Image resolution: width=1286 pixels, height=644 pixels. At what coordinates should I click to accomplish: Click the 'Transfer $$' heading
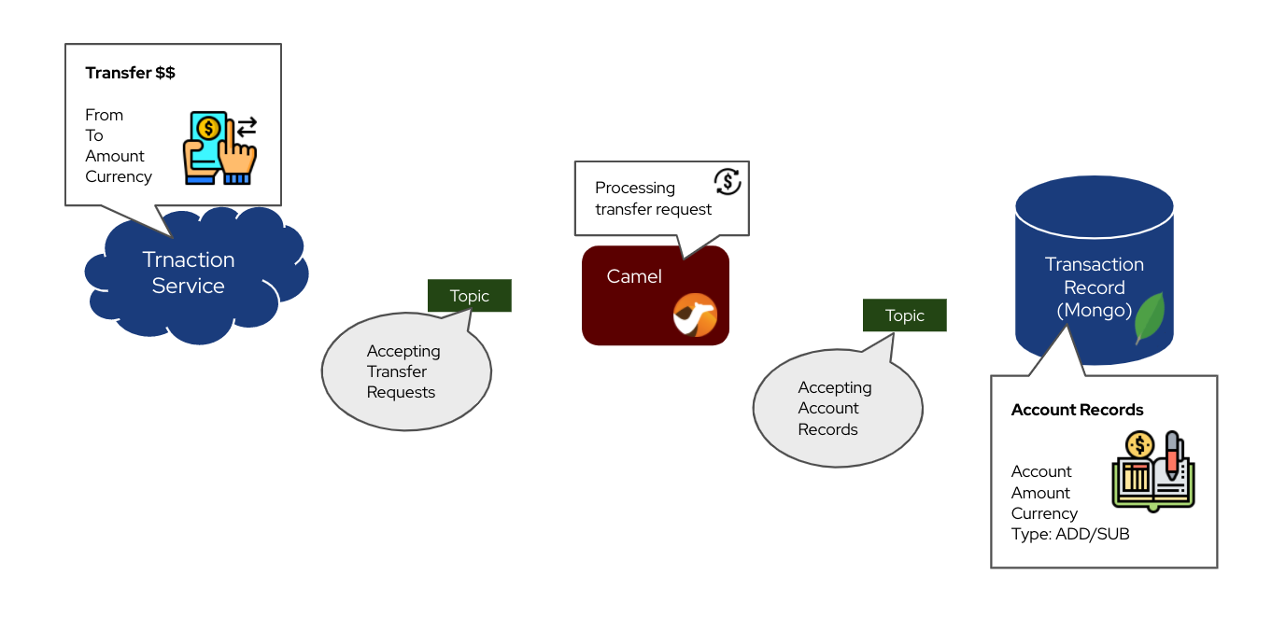(130, 73)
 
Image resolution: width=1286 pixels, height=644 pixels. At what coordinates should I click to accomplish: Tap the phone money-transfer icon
(222, 147)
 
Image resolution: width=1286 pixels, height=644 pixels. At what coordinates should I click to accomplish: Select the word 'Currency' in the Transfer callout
(119, 176)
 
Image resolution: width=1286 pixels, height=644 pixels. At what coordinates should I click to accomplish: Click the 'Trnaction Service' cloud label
(188, 273)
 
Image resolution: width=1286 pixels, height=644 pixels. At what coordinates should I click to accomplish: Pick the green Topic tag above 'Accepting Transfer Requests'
(469, 296)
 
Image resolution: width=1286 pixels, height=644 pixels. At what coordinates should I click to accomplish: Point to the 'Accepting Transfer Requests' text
(403, 371)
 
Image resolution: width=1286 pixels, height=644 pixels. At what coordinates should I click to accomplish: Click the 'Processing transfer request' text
(653, 199)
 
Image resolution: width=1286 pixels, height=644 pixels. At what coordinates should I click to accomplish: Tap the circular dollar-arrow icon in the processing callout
(727, 181)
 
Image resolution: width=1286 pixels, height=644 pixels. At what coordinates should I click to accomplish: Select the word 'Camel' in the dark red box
(634, 276)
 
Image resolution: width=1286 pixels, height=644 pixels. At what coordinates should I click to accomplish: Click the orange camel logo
(695, 315)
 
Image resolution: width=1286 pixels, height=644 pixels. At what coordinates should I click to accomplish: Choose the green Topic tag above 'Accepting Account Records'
(904, 315)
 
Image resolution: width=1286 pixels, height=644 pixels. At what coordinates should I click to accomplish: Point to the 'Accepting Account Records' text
(834, 409)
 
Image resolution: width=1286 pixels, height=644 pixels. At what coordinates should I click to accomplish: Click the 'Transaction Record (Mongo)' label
(1094, 287)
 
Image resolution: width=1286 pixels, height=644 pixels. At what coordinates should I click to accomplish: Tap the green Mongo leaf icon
(1148, 317)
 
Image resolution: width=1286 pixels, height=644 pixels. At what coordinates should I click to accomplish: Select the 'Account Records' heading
(1077, 410)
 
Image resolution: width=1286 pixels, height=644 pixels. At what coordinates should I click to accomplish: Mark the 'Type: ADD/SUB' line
(1069, 535)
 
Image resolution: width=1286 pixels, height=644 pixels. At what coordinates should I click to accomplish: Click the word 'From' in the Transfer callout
(104, 115)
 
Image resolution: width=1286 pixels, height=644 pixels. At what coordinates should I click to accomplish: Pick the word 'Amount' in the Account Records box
(1040, 493)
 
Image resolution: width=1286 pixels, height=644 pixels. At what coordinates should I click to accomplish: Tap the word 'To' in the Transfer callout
(94, 135)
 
